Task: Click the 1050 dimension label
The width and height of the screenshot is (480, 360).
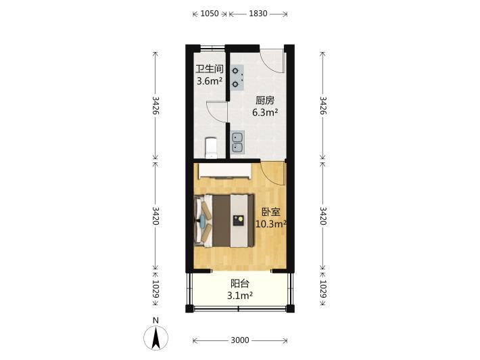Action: point(210,14)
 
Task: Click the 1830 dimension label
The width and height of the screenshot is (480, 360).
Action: point(258,14)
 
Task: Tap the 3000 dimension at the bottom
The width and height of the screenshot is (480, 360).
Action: point(240,340)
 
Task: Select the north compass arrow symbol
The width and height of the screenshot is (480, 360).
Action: point(155,338)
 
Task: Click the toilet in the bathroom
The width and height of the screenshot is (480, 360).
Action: point(211,148)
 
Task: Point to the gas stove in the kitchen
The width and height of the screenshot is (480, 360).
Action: point(237,78)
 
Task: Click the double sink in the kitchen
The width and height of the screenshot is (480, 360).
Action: point(237,142)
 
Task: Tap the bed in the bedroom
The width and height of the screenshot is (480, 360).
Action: point(224,221)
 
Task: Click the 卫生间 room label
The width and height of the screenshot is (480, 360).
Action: point(210,68)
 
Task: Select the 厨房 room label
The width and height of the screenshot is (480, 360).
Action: point(265,100)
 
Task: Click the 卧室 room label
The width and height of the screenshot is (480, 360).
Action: point(271,212)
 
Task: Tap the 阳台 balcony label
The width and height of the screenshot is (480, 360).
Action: point(240,284)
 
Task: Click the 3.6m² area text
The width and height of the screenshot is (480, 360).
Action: point(210,81)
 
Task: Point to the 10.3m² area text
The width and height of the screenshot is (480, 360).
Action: point(271,224)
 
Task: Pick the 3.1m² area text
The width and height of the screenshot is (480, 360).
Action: point(240,296)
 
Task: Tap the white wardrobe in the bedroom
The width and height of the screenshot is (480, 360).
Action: point(224,171)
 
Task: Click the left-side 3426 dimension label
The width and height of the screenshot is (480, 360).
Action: point(155,106)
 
